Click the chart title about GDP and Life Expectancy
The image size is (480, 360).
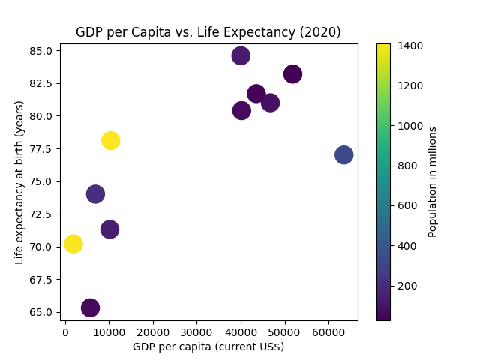point(208,32)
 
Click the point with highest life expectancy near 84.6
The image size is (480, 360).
point(241,55)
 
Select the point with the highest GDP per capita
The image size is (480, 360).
point(343,154)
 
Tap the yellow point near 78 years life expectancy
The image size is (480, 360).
point(111,140)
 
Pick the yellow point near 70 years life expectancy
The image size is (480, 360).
point(73,244)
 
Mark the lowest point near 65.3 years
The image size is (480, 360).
point(91,307)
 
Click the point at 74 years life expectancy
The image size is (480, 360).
point(95,194)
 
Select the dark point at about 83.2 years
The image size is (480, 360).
point(292,73)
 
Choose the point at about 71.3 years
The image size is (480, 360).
point(109,229)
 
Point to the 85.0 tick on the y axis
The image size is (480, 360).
point(42,51)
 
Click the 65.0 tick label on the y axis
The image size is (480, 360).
point(42,312)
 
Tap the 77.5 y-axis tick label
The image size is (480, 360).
point(42,149)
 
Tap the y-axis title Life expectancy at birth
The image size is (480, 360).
point(20,181)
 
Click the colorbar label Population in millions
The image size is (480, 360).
point(433,181)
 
